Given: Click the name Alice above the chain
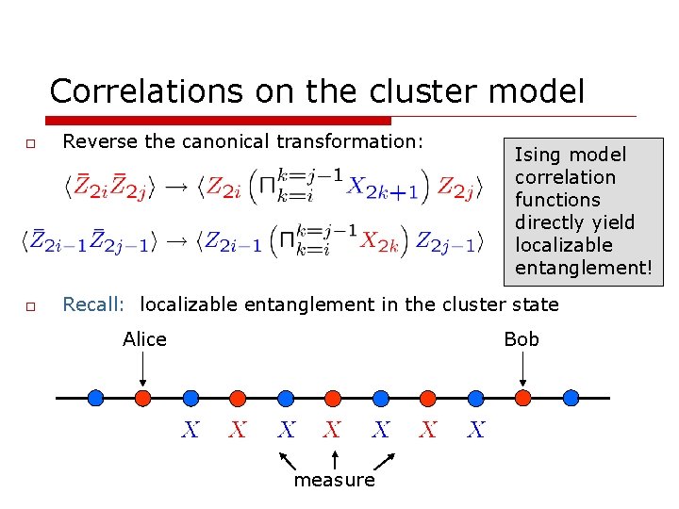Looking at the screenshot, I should pyautogui.click(x=144, y=339).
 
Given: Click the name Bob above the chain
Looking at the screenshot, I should pyautogui.click(x=522, y=339).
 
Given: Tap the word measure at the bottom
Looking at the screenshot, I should pyautogui.click(x=334, y=480).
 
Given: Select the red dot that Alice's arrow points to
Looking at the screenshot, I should pyautogui.click(x=142, y=398).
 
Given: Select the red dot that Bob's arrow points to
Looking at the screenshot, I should pyautogui.click(x=523, y=398).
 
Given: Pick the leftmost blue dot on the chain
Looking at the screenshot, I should pyautogui.click(x=95, y=398).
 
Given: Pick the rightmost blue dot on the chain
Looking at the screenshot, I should pyautogui.click(x=571, y=398).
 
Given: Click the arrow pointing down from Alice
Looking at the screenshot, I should pyautogui.click(x=142, y=369).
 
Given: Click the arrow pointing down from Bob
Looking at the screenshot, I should pyautogui.click(x=523, y=369).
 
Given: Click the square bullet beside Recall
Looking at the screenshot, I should pyautogui.click(x=30, y=306).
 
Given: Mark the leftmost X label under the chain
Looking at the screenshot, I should pyautogui.click(x=190, y=430).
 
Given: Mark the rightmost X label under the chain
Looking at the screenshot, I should pyautogui.click(x=476, y=430).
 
